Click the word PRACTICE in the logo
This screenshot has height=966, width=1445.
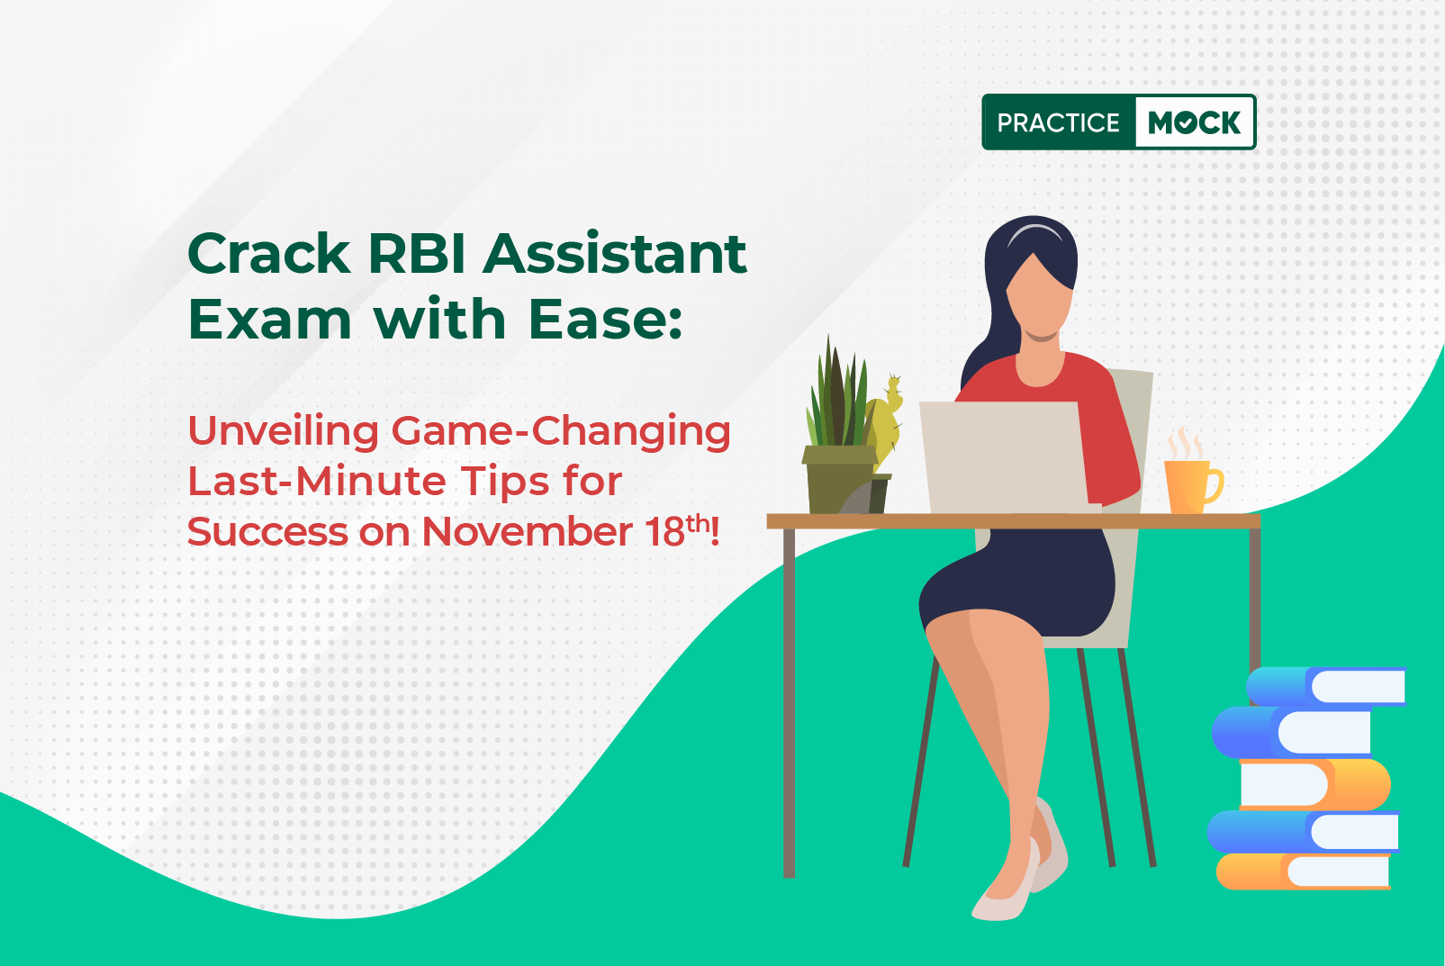(1058, 122)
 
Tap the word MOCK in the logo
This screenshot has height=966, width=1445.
(1194, 122)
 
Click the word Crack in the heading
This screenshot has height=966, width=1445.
(269, 254)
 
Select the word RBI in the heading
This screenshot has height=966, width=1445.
(417, 254)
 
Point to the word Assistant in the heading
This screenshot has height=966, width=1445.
(615, 254)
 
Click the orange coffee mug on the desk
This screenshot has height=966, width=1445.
(1192, 486)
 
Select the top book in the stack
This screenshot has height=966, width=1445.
(1326, 686)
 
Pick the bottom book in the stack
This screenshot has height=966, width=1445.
(1303, 871)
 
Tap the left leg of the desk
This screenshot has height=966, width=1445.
(789, 703)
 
